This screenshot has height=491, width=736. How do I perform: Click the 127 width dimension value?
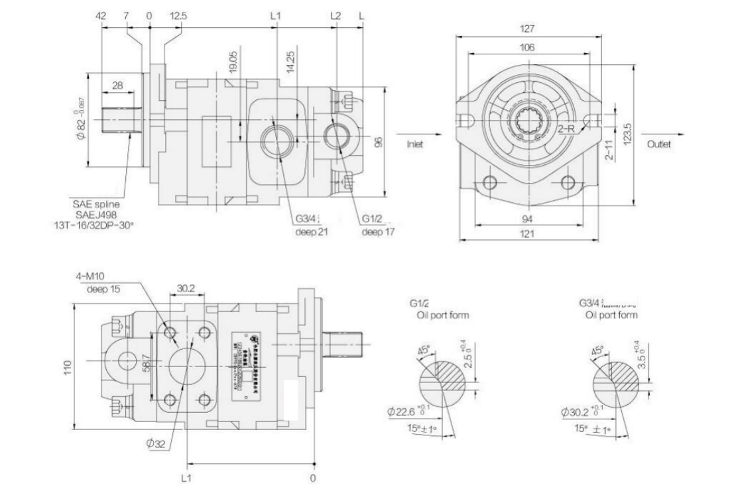(x=528, y=28)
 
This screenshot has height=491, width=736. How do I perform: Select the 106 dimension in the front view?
(x=528, y=48)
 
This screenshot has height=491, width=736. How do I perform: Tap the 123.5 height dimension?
(x=628, y=135)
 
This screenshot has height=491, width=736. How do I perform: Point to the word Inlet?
(x=416, y=142)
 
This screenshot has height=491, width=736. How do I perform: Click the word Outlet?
(x=660, y=143)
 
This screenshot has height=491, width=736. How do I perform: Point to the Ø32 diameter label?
(x=154, y=444)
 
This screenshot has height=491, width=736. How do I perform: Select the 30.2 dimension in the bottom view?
(x=185, y=289)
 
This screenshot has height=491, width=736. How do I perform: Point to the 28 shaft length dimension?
(x=118, y=86)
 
